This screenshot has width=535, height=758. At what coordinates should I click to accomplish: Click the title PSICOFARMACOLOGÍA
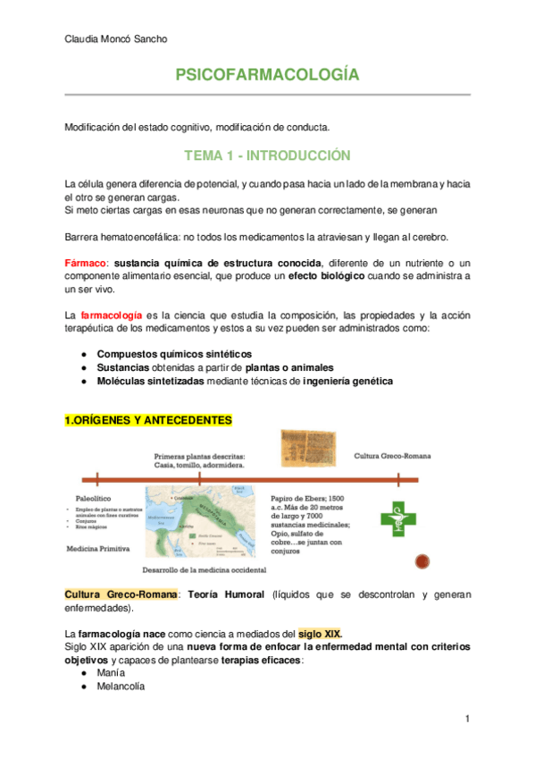tap(267, 76)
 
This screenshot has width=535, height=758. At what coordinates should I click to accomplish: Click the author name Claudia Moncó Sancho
tap(116, 38)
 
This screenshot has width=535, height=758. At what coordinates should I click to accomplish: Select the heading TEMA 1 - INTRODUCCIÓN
tap(267, 156)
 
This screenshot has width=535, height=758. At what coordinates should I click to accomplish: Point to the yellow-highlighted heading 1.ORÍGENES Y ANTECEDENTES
tap(147, 420)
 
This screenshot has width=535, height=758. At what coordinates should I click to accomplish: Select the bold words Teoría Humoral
tap(230, 594)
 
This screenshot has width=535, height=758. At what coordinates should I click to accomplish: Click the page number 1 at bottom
tap(466, 719)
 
